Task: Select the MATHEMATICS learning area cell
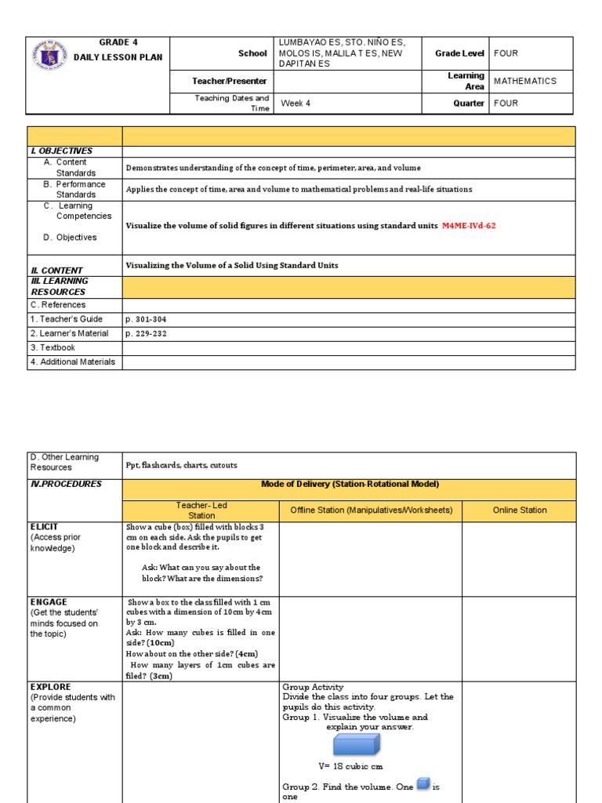click(525, 81)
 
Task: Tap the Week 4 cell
click(296, 103)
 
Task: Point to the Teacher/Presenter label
click(230, 81)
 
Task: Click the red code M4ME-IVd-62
click(469, 226)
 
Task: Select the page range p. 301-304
click(146, 319)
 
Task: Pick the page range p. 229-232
click(146, 333)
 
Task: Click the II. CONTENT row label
click(56, 271)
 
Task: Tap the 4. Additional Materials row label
click(73, 362)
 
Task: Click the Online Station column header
click(520, 511)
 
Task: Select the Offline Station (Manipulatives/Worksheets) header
click(371, 511)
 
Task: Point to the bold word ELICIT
click(44, 526)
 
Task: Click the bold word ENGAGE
click(48, 601)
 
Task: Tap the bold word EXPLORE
click(50, 687)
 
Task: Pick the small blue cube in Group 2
click(423, 783)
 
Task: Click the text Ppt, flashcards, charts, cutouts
click(181, 464)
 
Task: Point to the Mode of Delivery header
click(350, 484)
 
